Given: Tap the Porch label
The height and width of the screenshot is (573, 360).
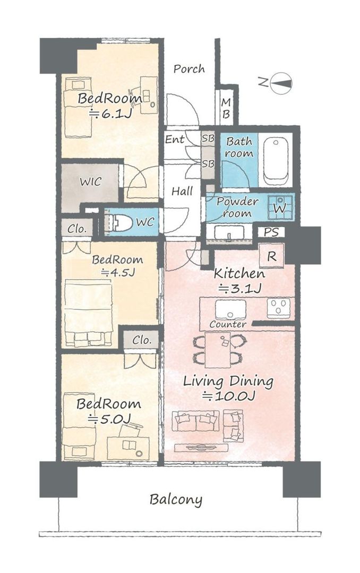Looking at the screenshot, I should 188,69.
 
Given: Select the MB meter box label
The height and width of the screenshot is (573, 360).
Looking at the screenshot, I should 226,108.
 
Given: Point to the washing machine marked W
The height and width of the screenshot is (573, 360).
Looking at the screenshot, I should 279,207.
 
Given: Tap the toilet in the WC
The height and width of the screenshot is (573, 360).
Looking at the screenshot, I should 119,222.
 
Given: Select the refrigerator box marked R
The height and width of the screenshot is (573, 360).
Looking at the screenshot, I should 271,256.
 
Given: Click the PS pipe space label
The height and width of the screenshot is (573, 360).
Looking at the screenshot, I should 271,232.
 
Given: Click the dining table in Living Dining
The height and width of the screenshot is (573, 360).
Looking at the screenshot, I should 217,350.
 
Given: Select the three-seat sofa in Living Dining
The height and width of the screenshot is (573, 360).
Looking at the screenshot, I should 195,422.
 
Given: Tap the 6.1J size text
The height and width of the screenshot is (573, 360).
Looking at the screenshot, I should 110,112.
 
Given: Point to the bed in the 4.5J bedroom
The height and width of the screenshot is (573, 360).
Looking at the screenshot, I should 88,313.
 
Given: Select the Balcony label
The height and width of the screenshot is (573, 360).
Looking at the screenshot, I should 176,499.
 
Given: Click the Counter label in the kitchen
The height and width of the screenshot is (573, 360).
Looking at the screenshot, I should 228,324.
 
